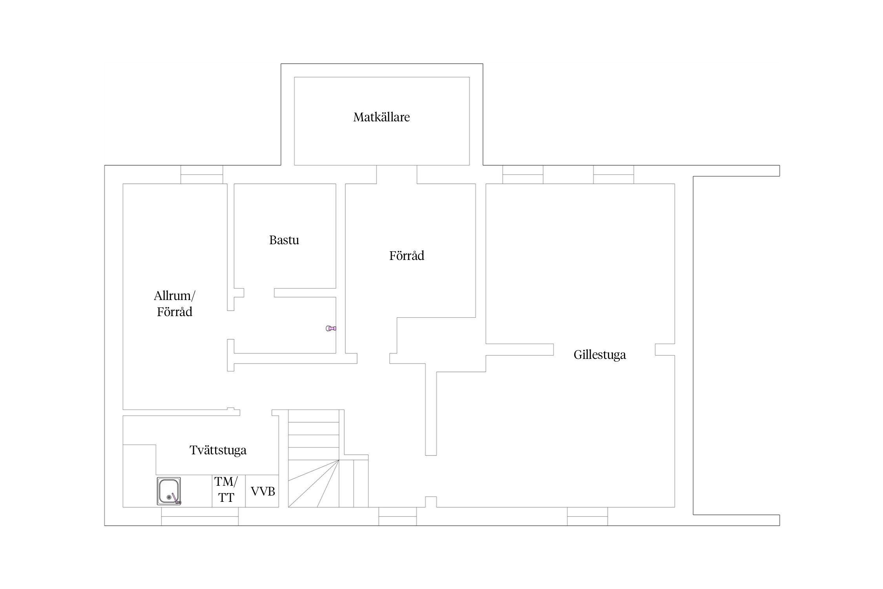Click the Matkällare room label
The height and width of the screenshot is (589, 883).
[381, 117]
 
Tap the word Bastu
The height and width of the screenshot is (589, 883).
[284, 240]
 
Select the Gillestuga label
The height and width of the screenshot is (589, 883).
[600, 355]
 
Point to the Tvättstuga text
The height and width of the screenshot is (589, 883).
[218, 450]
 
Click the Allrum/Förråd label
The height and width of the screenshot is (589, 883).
[175, 304]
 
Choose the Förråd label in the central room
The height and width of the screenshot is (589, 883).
[407, 256]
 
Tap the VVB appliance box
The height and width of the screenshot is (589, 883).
[262, 491]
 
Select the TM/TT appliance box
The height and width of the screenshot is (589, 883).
[229, 491]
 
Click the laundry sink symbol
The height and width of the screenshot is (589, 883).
[169, 491]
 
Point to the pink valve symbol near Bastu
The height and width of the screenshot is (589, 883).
[331, 328]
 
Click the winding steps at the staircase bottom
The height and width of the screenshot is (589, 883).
[314, 483]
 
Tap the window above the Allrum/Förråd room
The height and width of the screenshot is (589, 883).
[202, 174]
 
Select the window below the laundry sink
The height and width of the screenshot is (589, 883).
[200, 516]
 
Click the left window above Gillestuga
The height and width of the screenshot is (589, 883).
[523, 174]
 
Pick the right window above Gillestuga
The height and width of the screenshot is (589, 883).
[613, 174]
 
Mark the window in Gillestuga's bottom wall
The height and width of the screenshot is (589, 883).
[587, 516]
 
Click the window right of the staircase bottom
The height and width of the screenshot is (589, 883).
[398, 516]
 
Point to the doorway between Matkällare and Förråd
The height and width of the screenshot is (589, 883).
[397, 174]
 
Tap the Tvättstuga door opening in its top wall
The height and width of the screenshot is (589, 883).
[256, 413]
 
